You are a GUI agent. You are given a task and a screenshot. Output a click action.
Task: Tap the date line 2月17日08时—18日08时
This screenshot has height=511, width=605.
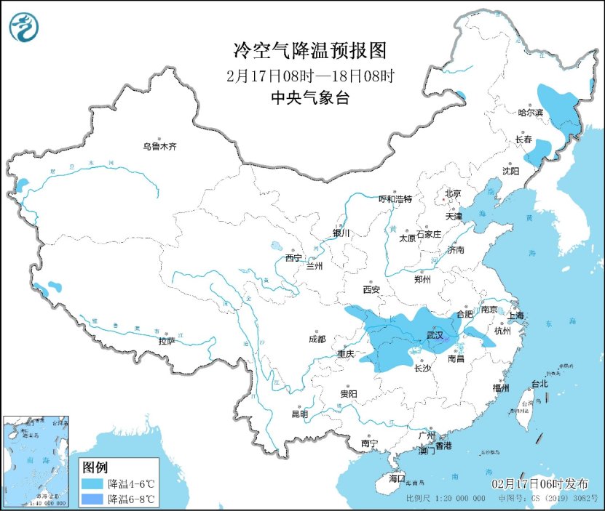(x=309, y=75)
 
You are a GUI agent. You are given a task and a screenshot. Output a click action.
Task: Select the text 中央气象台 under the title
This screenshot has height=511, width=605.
(x=309, y=97)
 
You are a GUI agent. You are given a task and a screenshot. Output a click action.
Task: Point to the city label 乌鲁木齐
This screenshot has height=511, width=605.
(x=159, y=147)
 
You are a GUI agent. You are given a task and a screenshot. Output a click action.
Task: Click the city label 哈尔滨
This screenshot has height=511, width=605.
(x=530, y=113)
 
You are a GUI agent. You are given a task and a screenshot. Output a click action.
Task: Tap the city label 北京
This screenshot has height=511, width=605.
(x=453, y=193)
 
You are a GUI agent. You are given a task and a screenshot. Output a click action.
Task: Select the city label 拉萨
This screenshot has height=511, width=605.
(x=167, y=340)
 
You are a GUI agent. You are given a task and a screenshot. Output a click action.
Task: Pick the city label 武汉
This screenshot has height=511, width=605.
(x=438, y=337)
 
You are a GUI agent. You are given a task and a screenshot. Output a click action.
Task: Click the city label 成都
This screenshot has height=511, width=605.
(x=317, y=339)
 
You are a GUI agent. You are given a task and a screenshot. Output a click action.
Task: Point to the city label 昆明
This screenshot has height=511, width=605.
(x=300, y=414)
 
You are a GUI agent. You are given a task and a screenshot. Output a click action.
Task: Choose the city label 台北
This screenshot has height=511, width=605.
(x=539, y=384)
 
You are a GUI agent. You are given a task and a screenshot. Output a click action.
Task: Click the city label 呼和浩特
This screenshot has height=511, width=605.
(x=395, y=199)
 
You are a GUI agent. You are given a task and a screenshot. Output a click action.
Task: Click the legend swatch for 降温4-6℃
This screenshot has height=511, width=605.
(x=92, y=483)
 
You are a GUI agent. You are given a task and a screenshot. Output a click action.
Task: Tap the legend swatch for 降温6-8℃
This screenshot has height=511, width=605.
(x=92, y=499)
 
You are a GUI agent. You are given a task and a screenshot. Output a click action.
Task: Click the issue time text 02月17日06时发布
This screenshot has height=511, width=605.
(x=540, y=484)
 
